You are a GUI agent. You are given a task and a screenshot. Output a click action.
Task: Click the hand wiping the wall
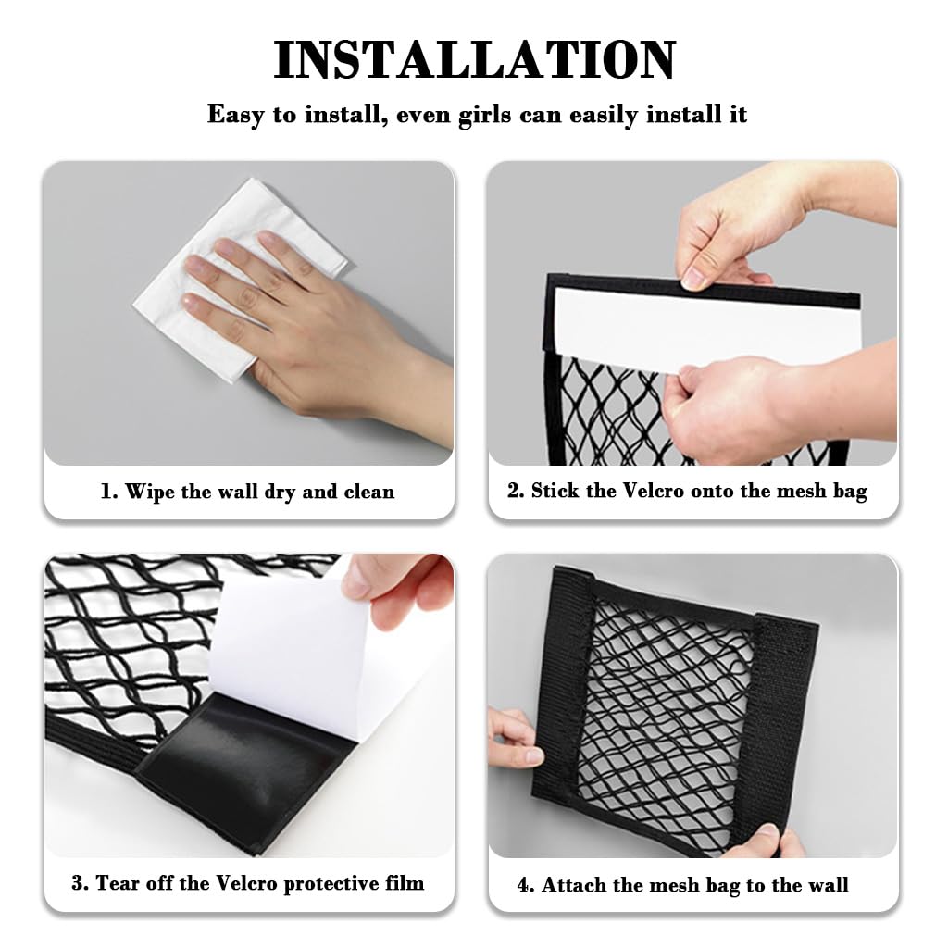tap(306, 315)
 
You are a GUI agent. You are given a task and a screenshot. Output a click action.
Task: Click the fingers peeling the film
tap(398, 592)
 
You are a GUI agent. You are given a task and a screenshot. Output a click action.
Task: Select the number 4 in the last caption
tap(523, 885)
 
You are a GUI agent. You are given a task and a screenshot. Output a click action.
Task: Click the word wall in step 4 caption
tap(827, 885)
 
